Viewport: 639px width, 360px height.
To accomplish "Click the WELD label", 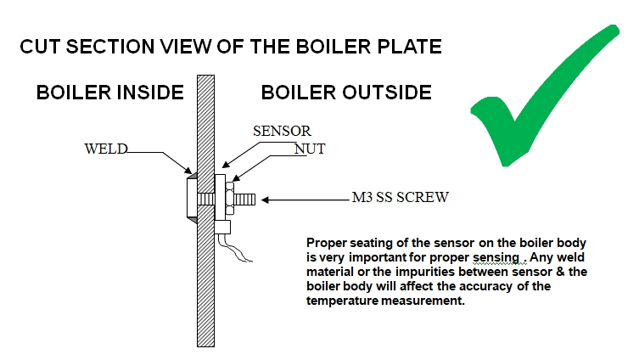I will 105,149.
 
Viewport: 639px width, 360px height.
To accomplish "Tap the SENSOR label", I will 283,132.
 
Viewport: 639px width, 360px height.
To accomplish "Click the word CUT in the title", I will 40,46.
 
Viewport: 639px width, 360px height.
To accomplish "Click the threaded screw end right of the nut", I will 244,200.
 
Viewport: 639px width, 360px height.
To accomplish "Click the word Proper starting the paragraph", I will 327,241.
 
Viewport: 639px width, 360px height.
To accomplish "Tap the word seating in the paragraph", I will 371,241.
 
